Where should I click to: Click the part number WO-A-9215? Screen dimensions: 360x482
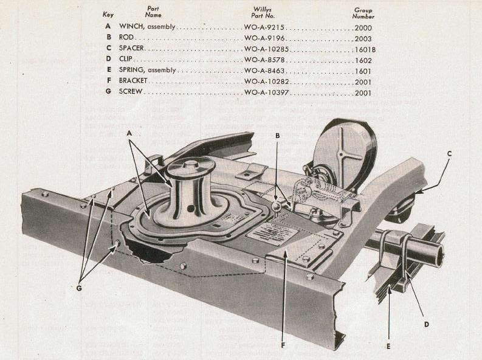(x=264, y=27)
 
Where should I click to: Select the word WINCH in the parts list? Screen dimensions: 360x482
(x=132, y=27)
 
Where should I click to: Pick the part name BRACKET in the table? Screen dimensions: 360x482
(x=134, y=81)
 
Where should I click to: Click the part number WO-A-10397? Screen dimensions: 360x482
(x=266, y=92)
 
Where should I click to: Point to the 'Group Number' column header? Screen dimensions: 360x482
(x=363, y=13)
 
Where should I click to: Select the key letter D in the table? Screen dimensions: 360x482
(x=108, y=60)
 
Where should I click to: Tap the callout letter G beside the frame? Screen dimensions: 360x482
(x=79, y=288)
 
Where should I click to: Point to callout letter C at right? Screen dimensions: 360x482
(x=449, y=154)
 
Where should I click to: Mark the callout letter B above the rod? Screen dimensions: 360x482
(x=277, y=136)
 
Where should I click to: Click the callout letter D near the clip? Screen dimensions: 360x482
(x=426, y=324)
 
